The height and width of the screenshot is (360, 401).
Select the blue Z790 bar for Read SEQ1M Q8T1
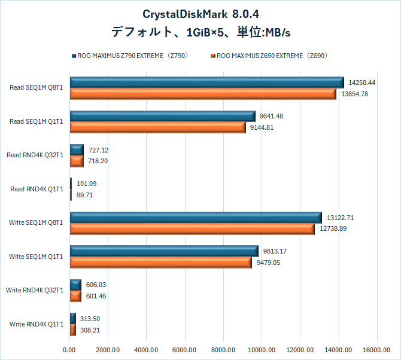point(206,83)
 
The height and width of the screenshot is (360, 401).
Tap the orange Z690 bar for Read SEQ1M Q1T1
point(157,127)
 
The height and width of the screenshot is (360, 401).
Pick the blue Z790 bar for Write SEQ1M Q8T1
point(196,218)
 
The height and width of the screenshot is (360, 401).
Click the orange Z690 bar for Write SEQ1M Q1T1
point(160,263)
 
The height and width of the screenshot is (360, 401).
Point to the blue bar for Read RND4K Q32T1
point(77,150)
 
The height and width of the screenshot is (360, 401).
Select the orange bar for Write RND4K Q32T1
point(75,296)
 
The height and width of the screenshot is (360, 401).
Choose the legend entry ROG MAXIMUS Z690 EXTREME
point(272,56)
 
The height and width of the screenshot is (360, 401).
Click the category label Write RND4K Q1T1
point(36,325)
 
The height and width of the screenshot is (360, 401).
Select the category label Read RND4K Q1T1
point(37,190)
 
